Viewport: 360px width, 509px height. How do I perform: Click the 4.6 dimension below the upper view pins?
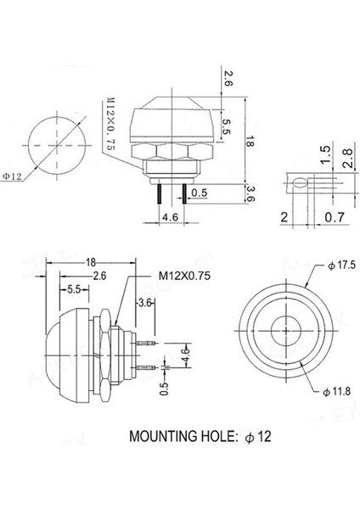169,217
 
